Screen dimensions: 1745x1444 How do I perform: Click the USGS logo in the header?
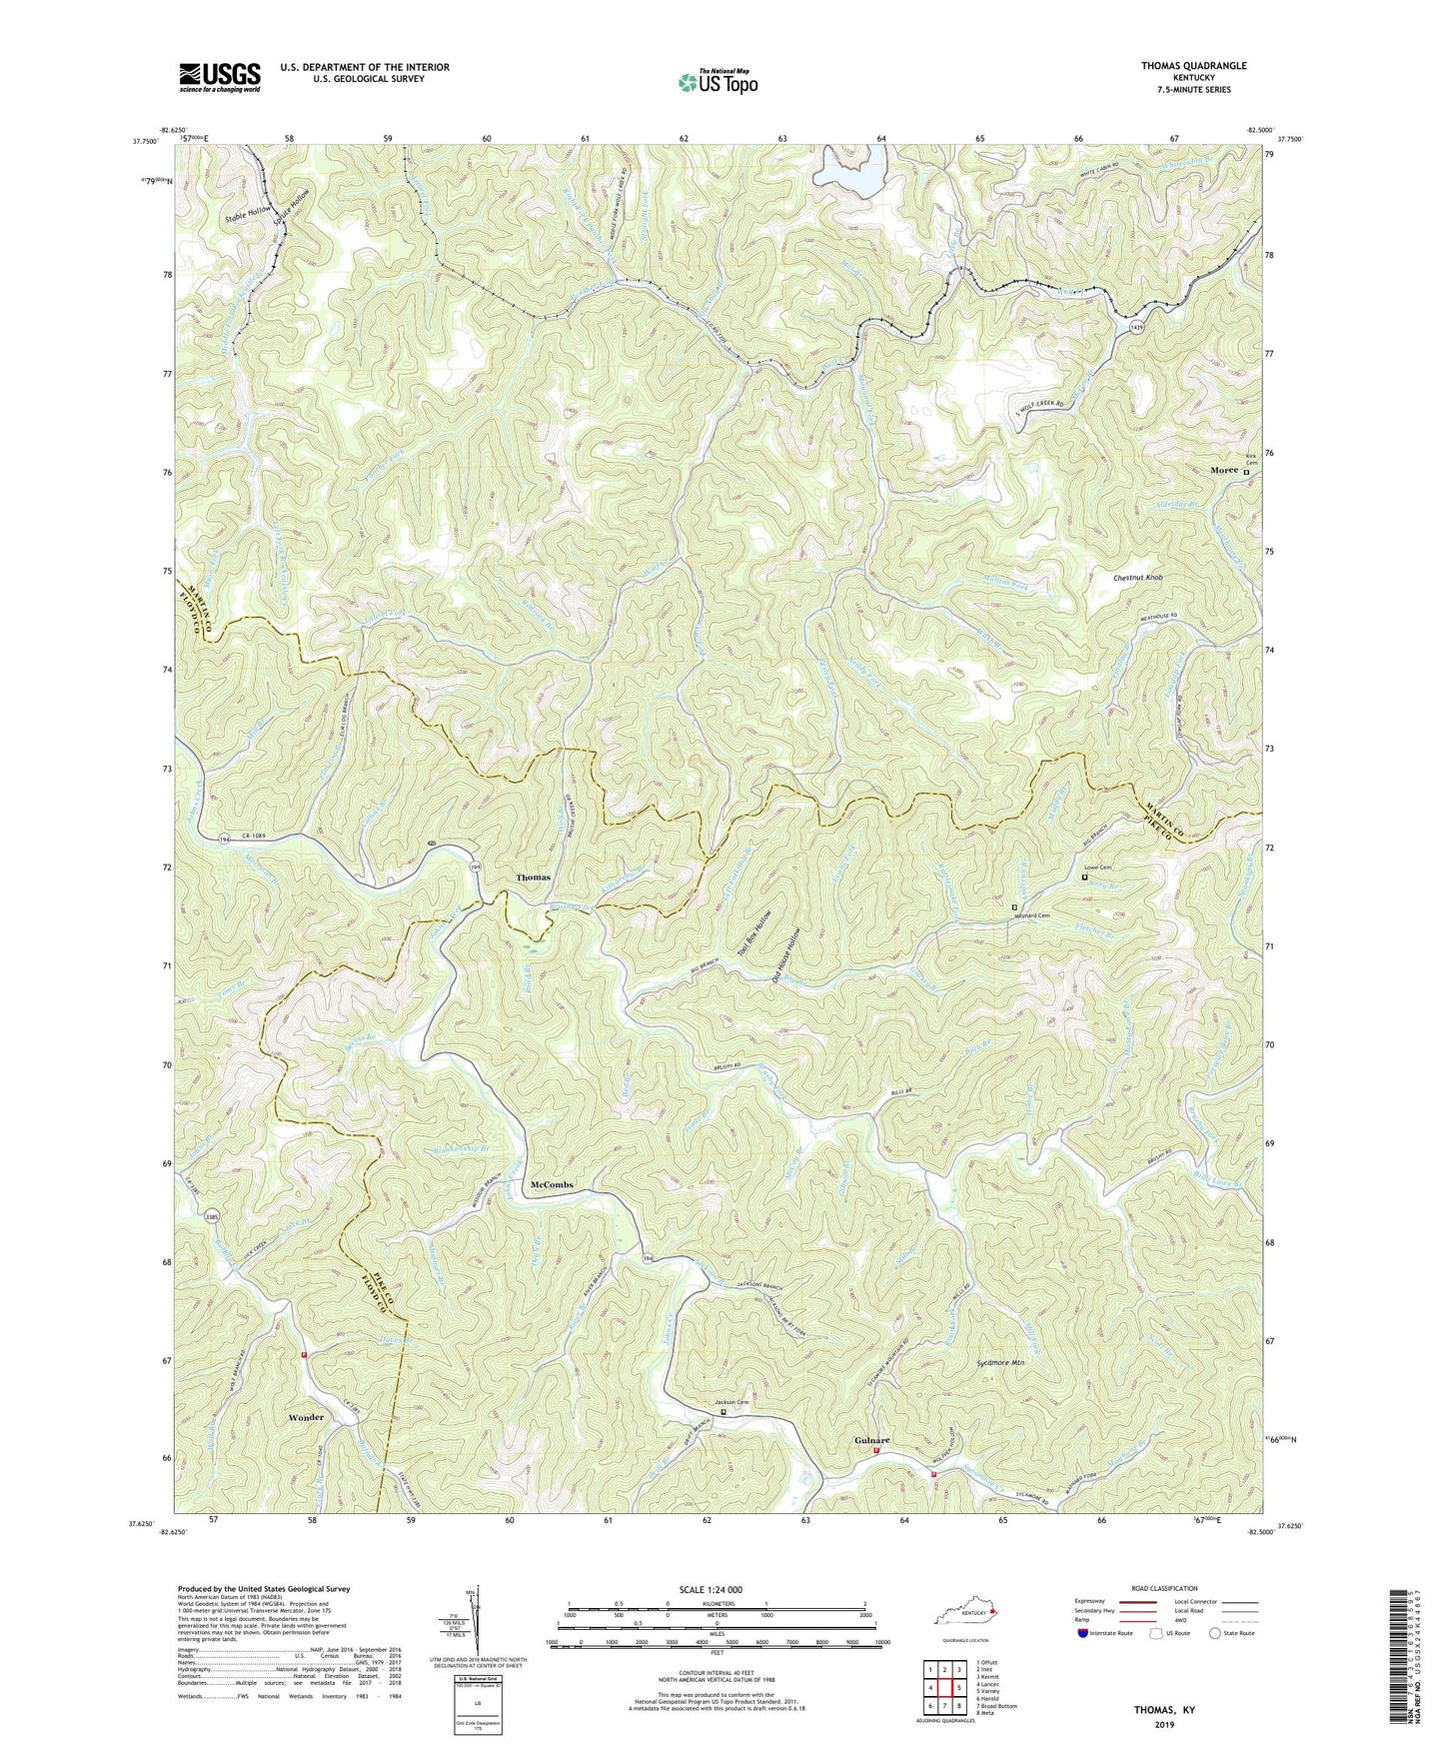point(219,77)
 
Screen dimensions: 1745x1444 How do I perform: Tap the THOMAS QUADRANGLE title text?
point(1185,65)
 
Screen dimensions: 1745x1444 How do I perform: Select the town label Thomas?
point(533,877)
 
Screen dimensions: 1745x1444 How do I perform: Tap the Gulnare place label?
point(871,1439)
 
